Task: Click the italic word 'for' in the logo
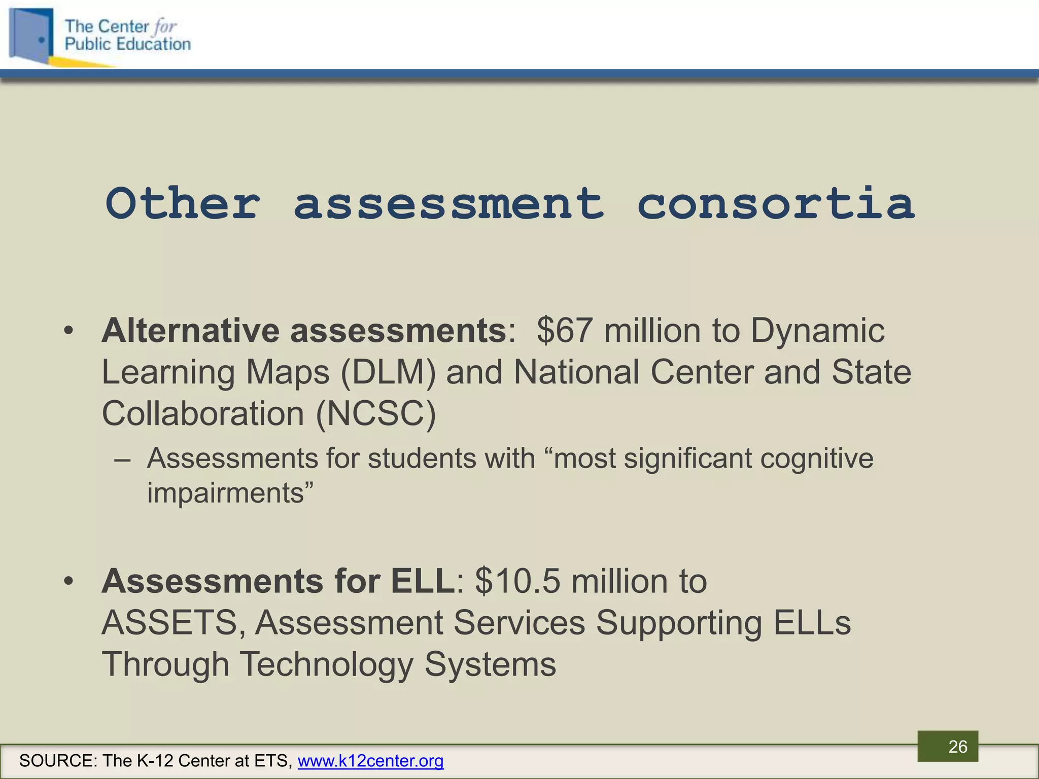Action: pyautogui.click(x=165, y=26)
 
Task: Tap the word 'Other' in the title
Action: pyautogui.click(x=183, y=204)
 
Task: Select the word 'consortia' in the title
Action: pyautogui.click(x=776, y=204)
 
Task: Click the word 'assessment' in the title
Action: pyautogui.click(x=449, y=204)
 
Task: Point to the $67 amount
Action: pyautogui.click(x=564, y=331)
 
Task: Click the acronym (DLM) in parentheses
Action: pyautogui.click(x=388, y=372)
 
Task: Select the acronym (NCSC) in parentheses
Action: pyautogui.click(x=376, y=414)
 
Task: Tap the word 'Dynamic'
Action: pyautogui.click(x=817, y=331)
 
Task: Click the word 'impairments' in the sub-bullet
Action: pyautogui.click(x=225, y=493)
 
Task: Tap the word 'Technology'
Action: pyautogui.click(x=326, y=664)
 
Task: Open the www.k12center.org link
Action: pyautogui.click(x=370, y=761)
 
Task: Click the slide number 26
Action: pyautogui.click(x=958, y=747)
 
